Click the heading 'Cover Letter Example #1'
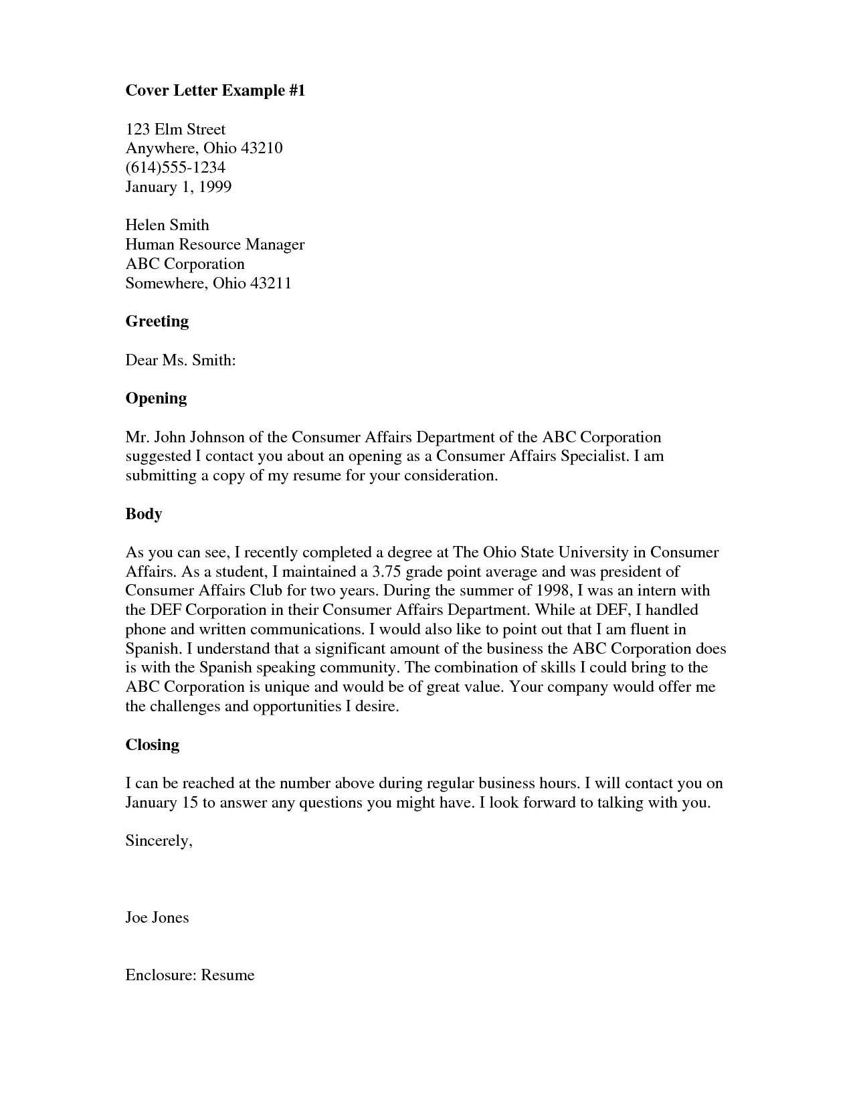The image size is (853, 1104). (x=215, y=91)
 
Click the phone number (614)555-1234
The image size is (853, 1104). (x=175, y=167)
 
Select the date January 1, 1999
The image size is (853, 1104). (x=179, y=187)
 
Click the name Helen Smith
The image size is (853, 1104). (x=167, y=225)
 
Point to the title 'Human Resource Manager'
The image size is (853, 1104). (x=215, y=245)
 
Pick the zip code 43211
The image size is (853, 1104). (x=270, y=283)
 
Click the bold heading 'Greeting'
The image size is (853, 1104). (x=157, y=321)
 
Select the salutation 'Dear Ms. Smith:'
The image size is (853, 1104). (x=181, y=361)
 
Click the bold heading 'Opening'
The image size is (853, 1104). (x=156, y=398)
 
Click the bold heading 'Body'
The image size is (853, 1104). (x=144, y=514)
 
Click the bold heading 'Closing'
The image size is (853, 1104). (x=153, y=745)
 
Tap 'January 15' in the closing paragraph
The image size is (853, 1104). (x=161, y=802)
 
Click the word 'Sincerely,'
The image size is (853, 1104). (x=159, y=841)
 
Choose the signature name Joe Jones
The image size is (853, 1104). (x=157, y=918)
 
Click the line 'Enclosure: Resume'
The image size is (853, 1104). (x=190, y=976)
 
